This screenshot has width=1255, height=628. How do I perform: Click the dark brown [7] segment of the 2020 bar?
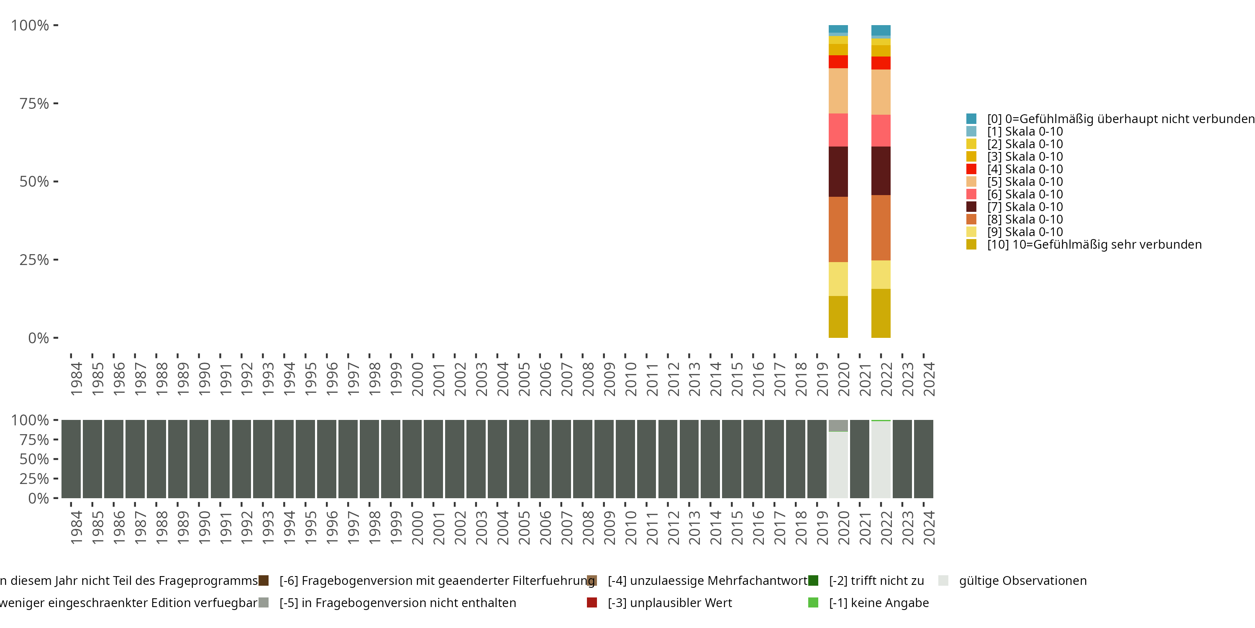pyautogui.click(x=838, y=172)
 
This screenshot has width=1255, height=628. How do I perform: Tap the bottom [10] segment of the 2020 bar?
pyautogui.click(x=838, y=317)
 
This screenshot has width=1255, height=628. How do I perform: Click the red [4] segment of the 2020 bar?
pyautogui.click(x=838, y=62)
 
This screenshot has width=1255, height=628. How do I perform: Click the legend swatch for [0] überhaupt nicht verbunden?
pyautogui.click(x=971, y=118)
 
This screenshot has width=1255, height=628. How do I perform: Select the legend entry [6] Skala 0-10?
pyautogui.click(x=1024, y=194)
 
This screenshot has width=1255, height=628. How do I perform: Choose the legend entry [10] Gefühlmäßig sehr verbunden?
pyautogui.click(x=1094, y=244)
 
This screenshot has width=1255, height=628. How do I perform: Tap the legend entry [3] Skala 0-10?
pyautogui.click(x=1024, y=157)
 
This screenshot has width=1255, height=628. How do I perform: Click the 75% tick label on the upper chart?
pyautogui.click(x=34, y=103)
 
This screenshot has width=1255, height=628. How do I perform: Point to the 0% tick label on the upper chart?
pyautogui.click(x=38, y=338)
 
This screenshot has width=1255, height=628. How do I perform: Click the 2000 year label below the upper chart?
pyautogui.click(x=417, y=379)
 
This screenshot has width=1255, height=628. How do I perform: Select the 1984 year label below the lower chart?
pyautogui.click(x=77, y=528)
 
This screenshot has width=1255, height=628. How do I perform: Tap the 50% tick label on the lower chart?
pyautogui.click(x=34, y=459)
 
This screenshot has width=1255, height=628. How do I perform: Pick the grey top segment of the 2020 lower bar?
pyautogui.click(x=838, y=425)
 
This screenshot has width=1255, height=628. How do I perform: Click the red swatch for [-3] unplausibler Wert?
pyautogui.click(x=592, y=602)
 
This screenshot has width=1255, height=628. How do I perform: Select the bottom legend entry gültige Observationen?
pyautogui.click(x=1022, y=581)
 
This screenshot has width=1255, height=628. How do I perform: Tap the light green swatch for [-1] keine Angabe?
pyautogui.click(x=813, y=602)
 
